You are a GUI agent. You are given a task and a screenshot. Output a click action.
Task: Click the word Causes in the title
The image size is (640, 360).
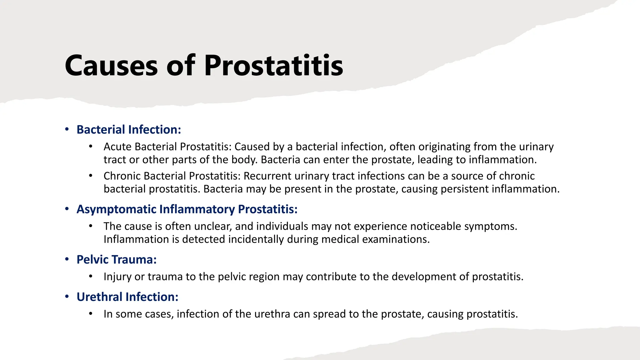tap(111, 66)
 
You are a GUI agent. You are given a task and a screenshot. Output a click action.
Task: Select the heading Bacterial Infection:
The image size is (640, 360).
tap(129, 130)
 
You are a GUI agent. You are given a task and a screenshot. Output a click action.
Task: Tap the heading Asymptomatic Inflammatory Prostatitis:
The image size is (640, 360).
tap(187, 209)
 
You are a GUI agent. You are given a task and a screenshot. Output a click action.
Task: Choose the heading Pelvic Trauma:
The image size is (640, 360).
tap(117, 260)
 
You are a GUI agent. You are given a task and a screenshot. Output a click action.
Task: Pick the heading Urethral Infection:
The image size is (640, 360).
tap(127, 297)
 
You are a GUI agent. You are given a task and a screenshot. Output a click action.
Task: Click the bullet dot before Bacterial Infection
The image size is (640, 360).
tap(67, 129)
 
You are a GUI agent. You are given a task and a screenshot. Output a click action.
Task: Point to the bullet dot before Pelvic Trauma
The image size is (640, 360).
tap(67, 259)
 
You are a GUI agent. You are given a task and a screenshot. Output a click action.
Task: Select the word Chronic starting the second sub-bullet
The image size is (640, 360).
tap(122, 176)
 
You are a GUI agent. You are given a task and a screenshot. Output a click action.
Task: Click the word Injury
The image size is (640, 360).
tap(117, 277)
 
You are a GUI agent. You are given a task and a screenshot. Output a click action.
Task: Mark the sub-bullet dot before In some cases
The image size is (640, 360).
tap(91, 313)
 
